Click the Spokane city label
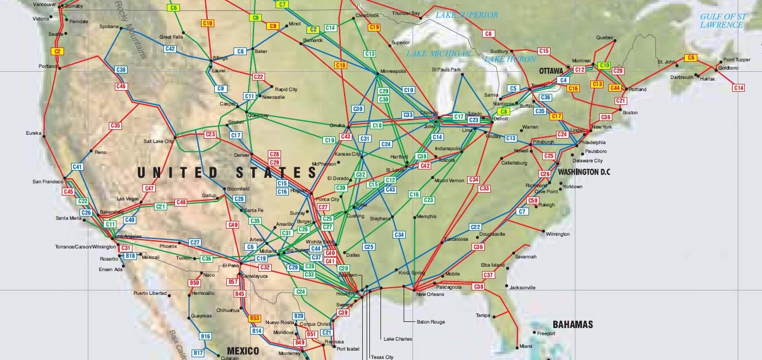(109, 27)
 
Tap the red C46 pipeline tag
(121, 86)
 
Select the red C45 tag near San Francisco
(68, 192)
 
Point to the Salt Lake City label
(158, 141)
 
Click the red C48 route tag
(181, 203)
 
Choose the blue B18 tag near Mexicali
(130, 256)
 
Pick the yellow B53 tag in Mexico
(254, 318)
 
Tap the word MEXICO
(243, 351)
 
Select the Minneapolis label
(393, 72)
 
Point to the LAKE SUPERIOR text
(467, 15)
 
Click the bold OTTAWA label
(551, 71)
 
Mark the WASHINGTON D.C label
(584, 172)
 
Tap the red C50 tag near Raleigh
(533, 200)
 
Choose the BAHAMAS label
(573, 325)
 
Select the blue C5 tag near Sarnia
(514, 88)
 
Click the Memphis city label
(427, 216)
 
